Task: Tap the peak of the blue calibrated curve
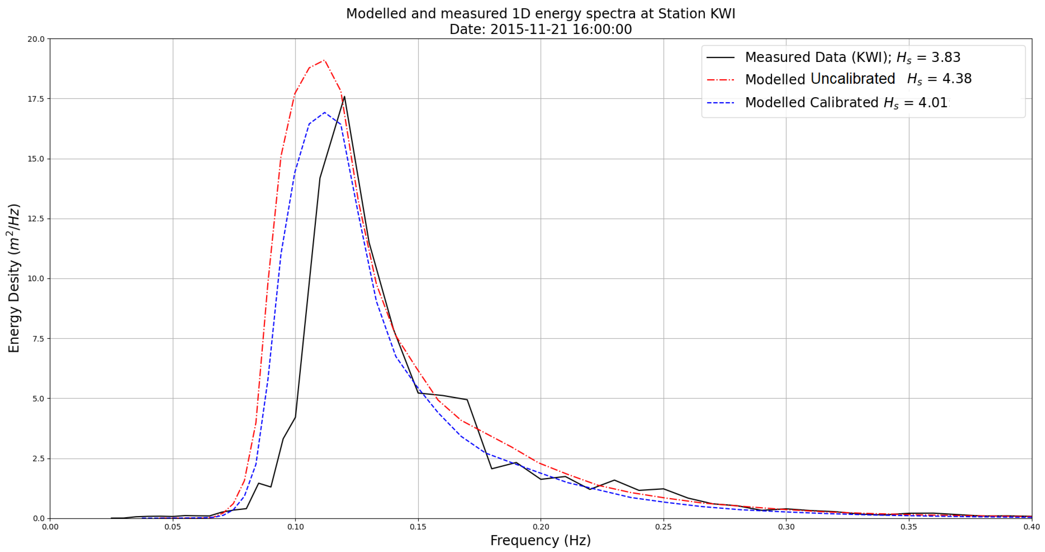pyautogui.click(x=324, y=112)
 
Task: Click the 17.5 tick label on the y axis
pyautogui.click(x=36, y=99)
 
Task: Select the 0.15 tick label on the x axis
pyautogui.click(x=418, y=527)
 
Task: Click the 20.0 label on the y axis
pyautogui.click(x=36, y=39)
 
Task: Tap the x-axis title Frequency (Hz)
pyautogui.click(x=540, y=541)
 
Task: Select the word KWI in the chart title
pyautogui.click(x=722, y=14)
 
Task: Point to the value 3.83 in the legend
pyautogui.click(x=946, y=57)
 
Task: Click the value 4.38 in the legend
pyautogui.click(x=957, y=79)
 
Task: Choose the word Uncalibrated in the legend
pyautogui.click(x=853, y=79)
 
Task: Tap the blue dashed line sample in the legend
pyautogui.click(x=721, y=103)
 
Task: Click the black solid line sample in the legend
pyautogui.click(x=721, y=57)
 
